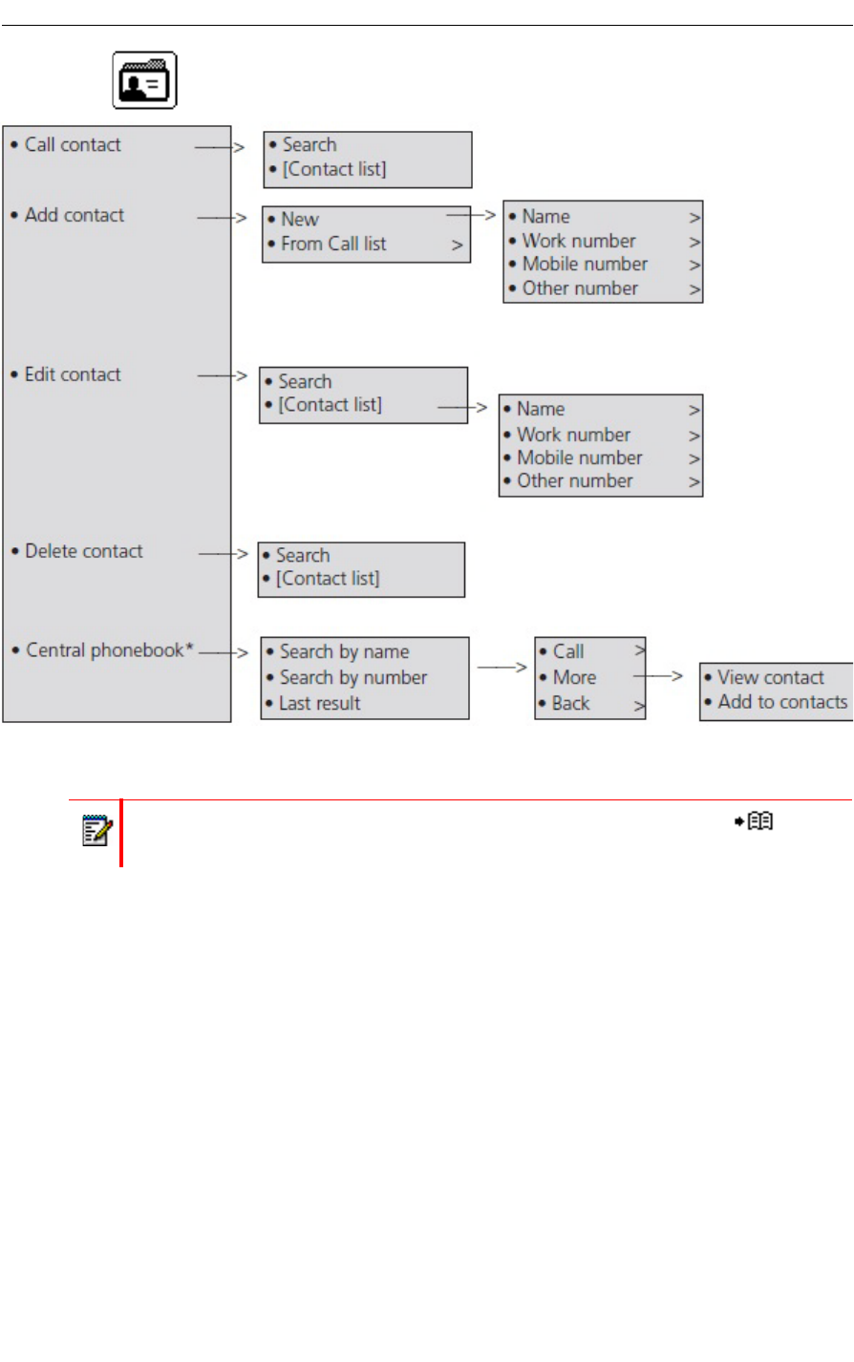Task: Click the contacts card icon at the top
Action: (x=145, y=80)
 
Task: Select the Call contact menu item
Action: (x=73, y=145)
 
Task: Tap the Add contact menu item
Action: (x=75, y=216)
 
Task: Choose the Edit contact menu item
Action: (x=73, y=374)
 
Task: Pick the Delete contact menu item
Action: (x=84, y=551)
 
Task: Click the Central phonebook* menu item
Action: (x=109, y=650)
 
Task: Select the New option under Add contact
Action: (x=300, y=220)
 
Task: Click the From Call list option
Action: (x=333, y=245)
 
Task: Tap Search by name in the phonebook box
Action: (x=344, y=652)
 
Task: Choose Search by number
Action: (x=353, y=678)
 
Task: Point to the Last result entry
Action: (x=320, y=704)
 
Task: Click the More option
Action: (x=574, y=678)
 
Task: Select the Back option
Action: (x=571, y=704)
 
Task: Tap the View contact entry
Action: (x=771, y=678)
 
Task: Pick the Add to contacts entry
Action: (x=782, y=702)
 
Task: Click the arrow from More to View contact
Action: (x=658, y=676)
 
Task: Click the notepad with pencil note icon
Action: (x=96, y=830)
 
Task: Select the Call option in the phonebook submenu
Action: (x=568, y=652)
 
